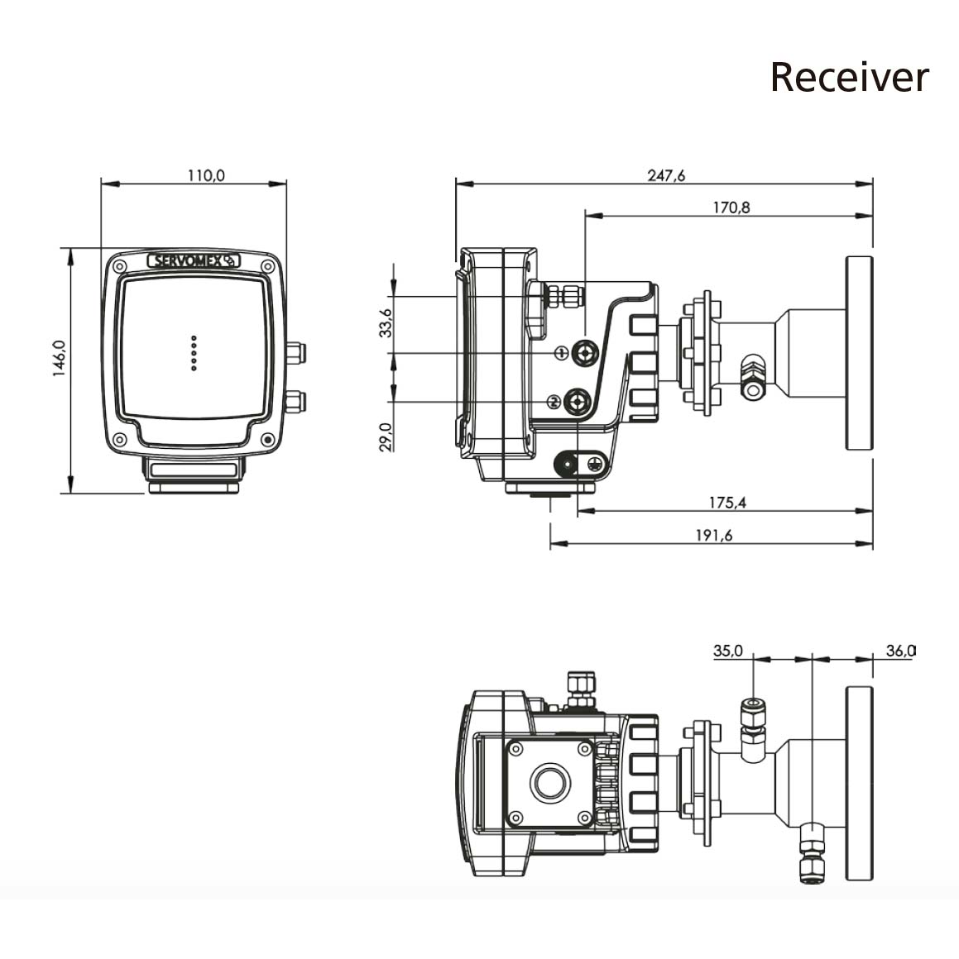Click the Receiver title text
pos(849,77)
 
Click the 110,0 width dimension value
pos(206,175)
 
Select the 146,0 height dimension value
pos(59,359)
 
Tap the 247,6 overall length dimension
pos(667,175)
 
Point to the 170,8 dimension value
pos(731,208)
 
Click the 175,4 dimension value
pos(727,502)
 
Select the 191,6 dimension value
pos(714,535)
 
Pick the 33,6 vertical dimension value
pos(386,324)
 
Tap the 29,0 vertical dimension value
pos(386,435)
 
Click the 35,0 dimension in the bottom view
pos(728,651)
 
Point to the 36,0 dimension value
pos(899,651)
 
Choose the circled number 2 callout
pos(554,402)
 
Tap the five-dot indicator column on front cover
pos(194,352)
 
